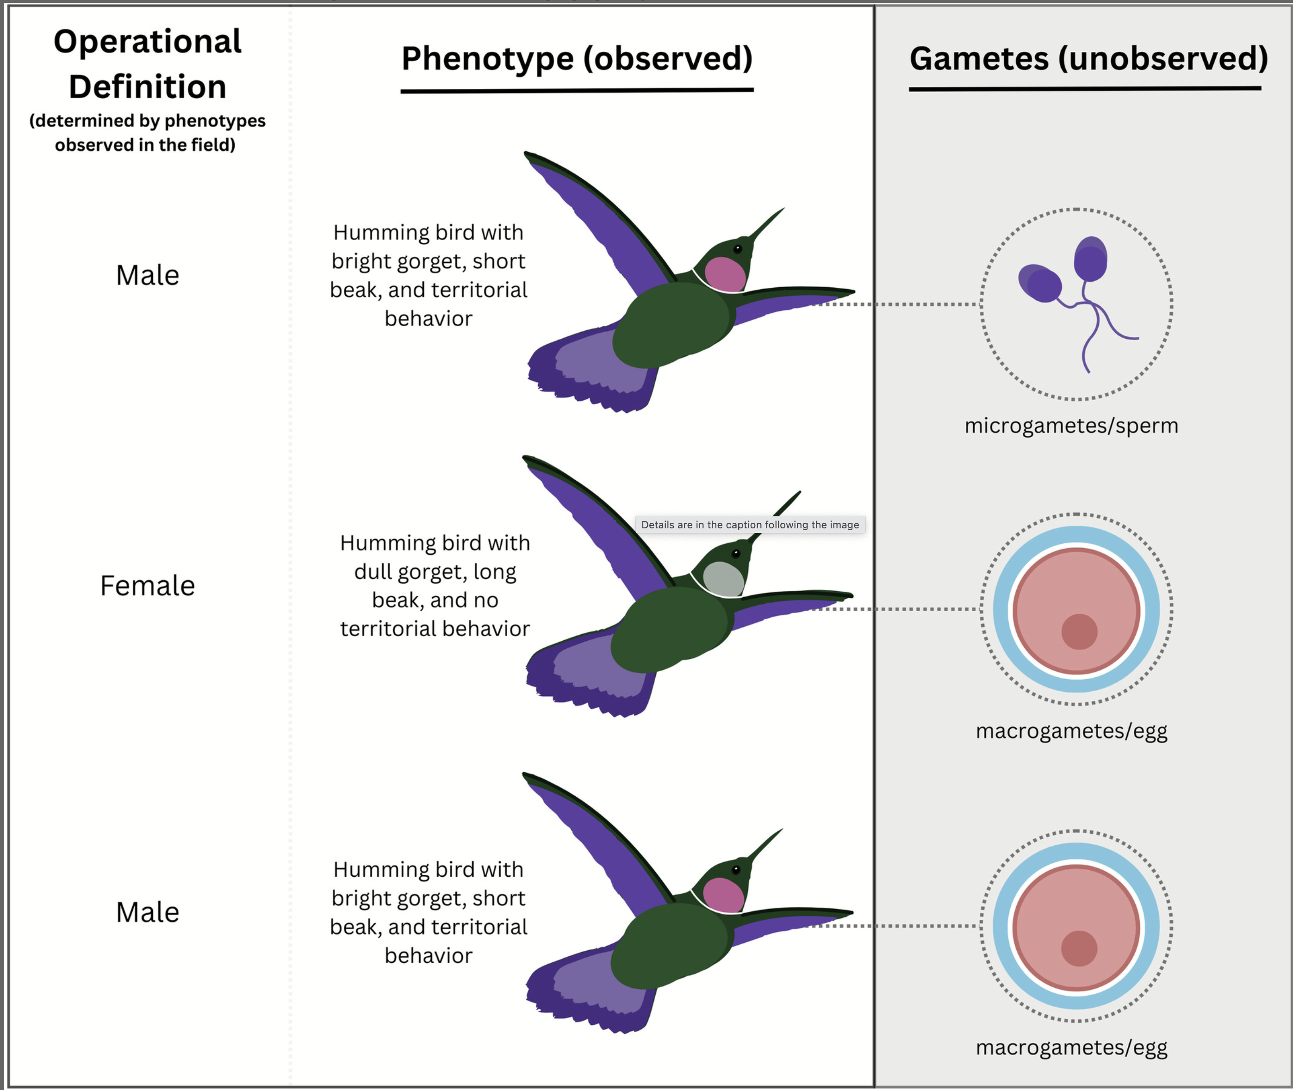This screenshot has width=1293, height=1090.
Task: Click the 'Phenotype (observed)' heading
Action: (577, 59)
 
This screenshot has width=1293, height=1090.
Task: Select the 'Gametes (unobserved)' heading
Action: (1088, 59)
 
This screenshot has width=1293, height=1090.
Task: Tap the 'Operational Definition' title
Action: (147, 64)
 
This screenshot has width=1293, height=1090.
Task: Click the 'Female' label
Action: (147, 586)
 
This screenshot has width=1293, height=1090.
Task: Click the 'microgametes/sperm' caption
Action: (1071, 426)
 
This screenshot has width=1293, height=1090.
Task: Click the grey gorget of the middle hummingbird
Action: (723, 579)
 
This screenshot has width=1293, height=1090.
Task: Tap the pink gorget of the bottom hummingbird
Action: (723, 895)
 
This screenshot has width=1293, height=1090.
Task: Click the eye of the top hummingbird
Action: (737, 249)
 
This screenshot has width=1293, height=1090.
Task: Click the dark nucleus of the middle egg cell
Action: (1079, 632)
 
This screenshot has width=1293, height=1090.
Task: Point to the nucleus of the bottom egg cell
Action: (1079, 948)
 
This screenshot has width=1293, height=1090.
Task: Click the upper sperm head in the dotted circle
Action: (1090, 258)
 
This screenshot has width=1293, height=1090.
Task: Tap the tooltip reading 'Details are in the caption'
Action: (750, 525)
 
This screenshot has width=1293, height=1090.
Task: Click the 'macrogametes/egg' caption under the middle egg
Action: (1071, 731)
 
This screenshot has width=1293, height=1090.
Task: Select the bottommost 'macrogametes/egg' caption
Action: (1071, 1047)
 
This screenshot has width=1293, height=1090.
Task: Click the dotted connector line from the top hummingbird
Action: (896, 304)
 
